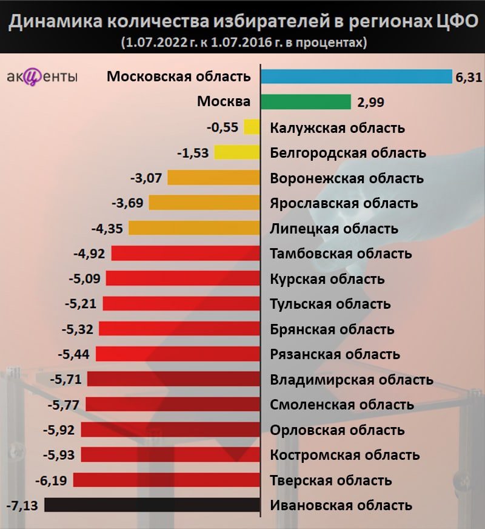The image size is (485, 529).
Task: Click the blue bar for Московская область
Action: point(356,76)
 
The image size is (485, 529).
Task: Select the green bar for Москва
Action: point(306,101)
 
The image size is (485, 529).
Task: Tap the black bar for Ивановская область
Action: point(152,505)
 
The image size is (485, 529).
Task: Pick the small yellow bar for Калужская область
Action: point(252,127)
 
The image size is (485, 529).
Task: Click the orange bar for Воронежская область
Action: point(214,178)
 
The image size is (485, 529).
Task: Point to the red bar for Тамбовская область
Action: point(186,253)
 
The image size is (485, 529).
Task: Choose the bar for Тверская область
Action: point(167,480)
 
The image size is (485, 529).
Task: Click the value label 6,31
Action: point(468,77)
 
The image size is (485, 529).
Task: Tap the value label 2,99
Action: point(371,102)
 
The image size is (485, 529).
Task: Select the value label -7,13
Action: point(22,505)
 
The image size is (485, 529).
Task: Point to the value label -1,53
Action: point(193,153)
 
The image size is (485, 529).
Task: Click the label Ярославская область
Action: point(344,203)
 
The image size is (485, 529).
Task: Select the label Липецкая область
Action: point(334,229)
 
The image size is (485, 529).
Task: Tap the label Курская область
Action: point(327,279)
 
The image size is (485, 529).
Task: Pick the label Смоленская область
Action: point(342,405)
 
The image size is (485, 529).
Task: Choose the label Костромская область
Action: point(345,455)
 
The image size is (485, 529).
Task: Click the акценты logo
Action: point(42,78)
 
